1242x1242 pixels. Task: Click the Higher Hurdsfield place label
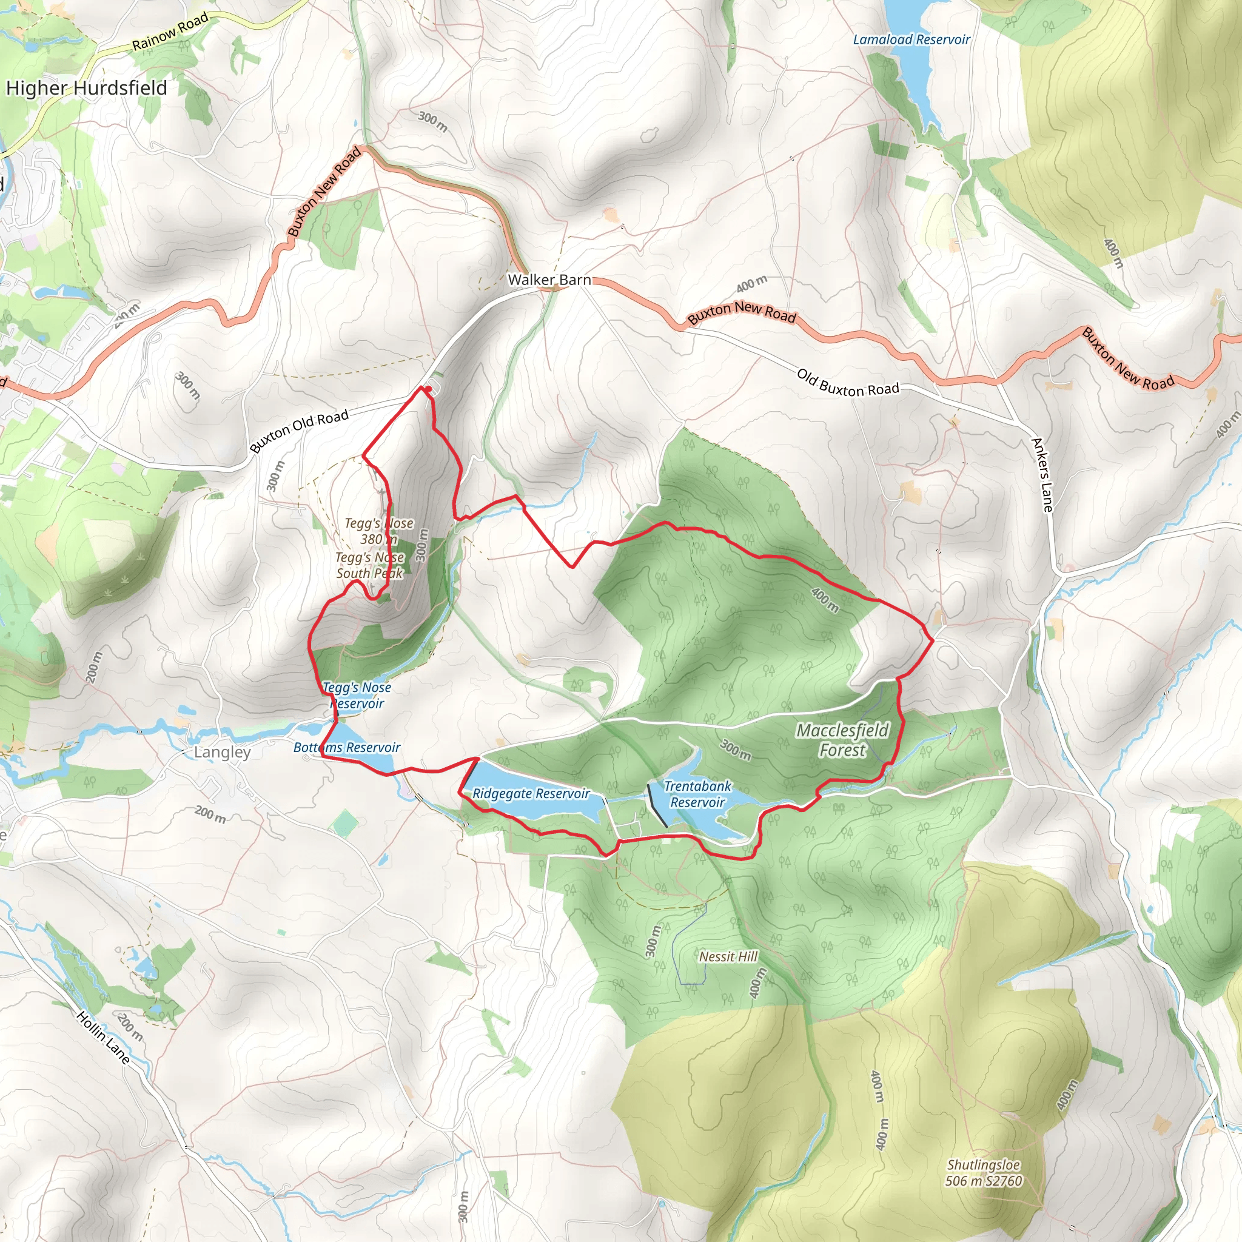pyautogui.click(x=87, y=87)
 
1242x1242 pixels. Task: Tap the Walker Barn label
pyautogui.click(x=549, y=280)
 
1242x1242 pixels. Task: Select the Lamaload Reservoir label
pyautogui.click(x=911, y=40)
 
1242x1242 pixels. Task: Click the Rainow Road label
pyautogui.click(x=170, y=32)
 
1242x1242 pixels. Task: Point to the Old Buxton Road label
pyautogui.click(x=847, y=383)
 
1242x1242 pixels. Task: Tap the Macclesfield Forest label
pyautogui.click(x=842, y=740)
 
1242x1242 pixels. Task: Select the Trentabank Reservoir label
pyautogui.click(x=697, y=794)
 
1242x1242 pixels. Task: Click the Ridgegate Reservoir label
pyautogui.click(x=531, y=793)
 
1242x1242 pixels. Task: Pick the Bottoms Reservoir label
pyautogui.click(x=346, y=747)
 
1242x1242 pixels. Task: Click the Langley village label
pyautogui.click(x=223, y=751)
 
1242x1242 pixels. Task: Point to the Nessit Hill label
pyautogui.click(x=728, y=956)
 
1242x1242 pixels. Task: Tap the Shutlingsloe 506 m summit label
pyautogui.click(x=983, y=1173)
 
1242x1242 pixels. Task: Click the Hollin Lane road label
pyautogui.click(x=104, y=1037)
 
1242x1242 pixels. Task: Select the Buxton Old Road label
pyautogui.click(x=299, y=431)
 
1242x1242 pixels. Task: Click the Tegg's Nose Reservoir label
pyautogui.click(x=357, y=695)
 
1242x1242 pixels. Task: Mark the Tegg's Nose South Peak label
pyautogui.click(x=370, y=565)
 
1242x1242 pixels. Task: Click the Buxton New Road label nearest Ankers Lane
pyautogui.click(x=1127, y=359)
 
